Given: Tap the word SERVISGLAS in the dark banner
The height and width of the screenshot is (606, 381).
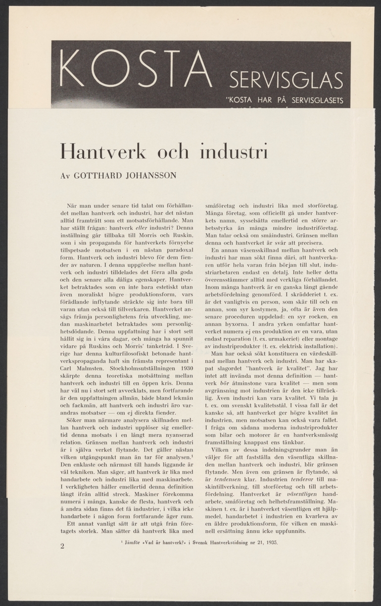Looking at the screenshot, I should pos(286,80).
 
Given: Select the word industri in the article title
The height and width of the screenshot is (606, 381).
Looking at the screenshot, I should pos(232,151).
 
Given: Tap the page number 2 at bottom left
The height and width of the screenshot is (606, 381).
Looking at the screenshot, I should pos(62,547).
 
